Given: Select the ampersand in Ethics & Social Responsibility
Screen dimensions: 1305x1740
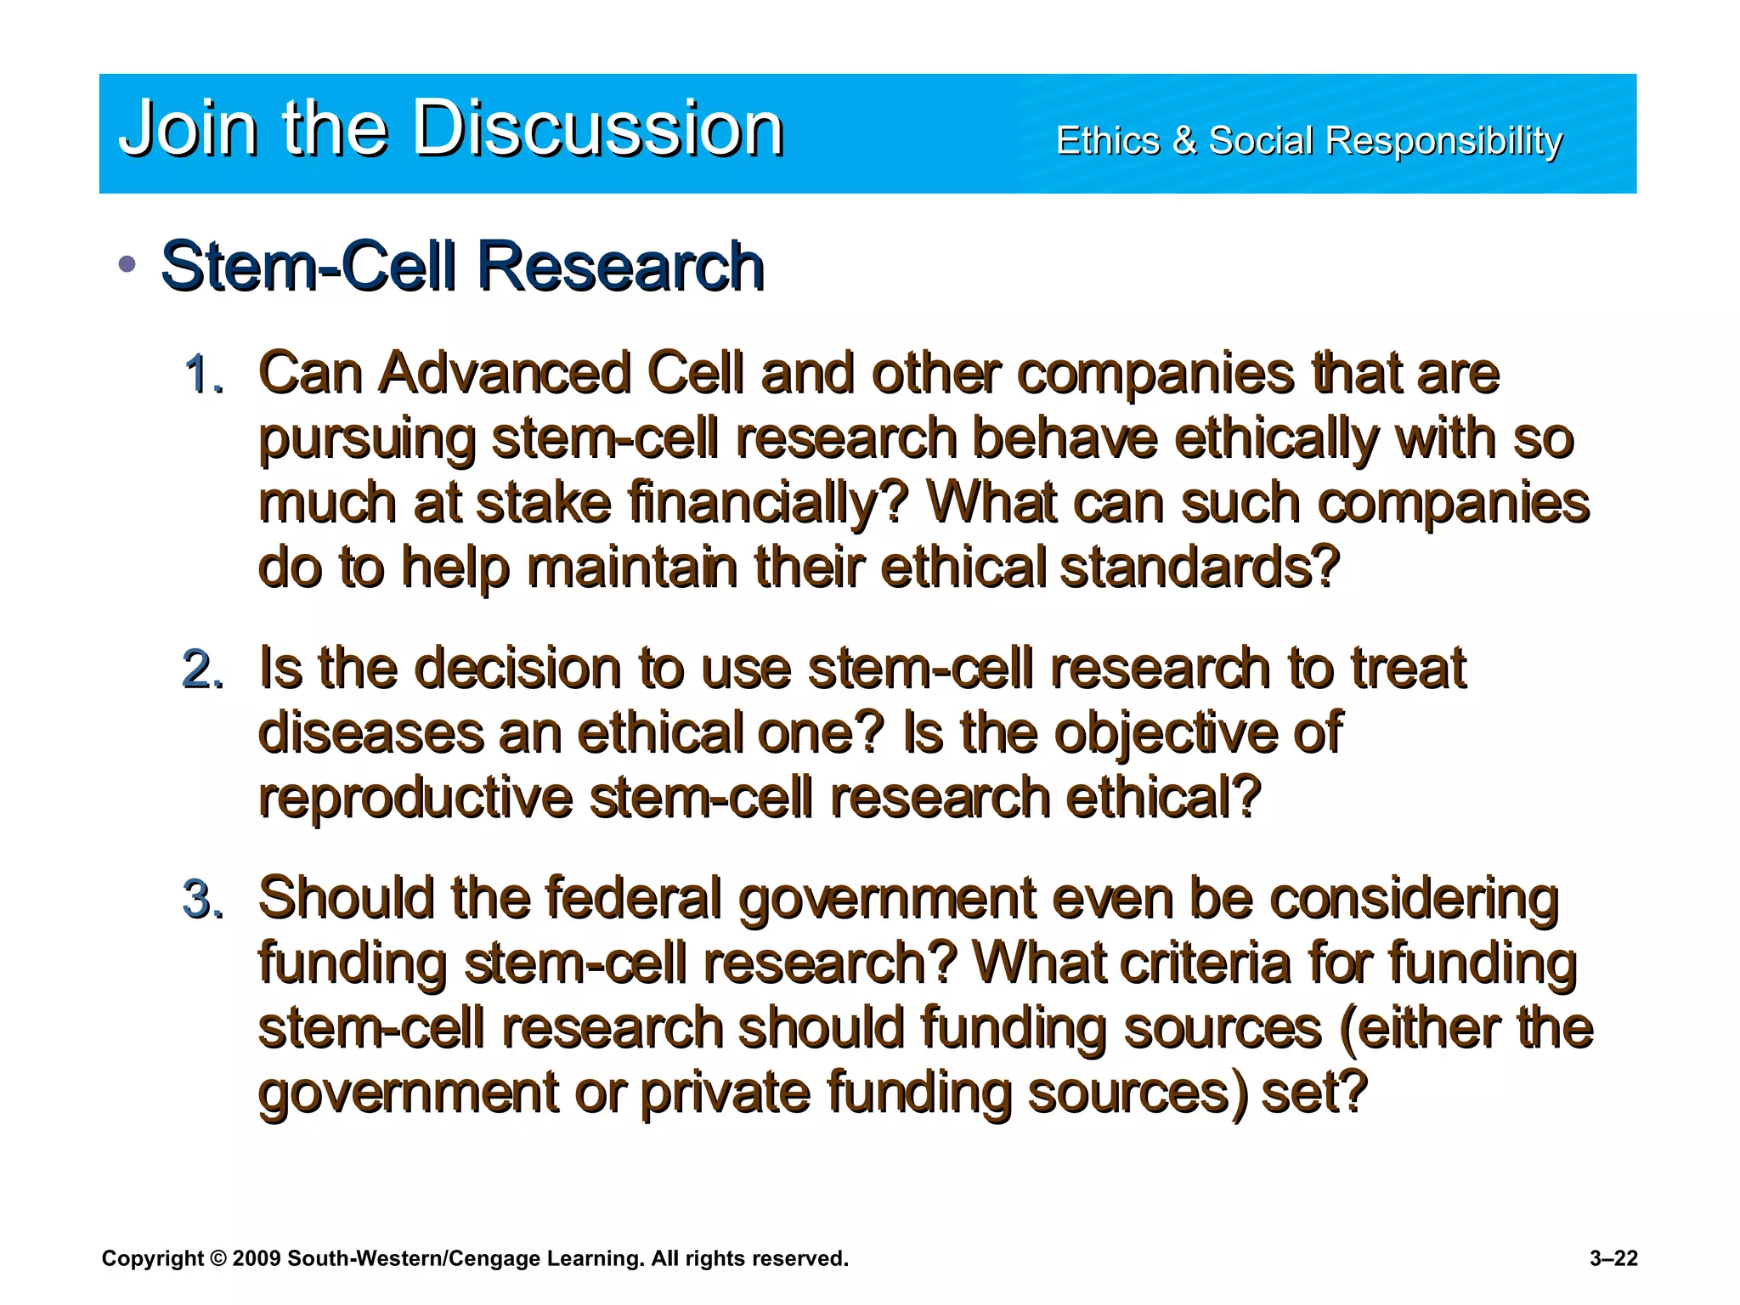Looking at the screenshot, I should [1184, 140].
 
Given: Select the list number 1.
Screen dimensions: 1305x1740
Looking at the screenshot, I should [204, 375].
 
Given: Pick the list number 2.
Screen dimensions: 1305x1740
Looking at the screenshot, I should [204, 669].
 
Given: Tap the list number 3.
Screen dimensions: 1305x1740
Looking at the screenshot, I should [204, 900].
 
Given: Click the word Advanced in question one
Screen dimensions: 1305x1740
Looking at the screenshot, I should [505, 373].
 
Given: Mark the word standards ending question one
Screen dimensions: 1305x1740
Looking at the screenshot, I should [1199, 568].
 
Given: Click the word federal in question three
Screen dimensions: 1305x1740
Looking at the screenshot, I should [633, 898].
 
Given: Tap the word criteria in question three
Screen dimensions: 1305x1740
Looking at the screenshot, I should [1206, 963].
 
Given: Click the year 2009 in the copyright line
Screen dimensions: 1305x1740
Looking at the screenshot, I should [256, 1258].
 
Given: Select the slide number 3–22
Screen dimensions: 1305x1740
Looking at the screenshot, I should [1613, 1258].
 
